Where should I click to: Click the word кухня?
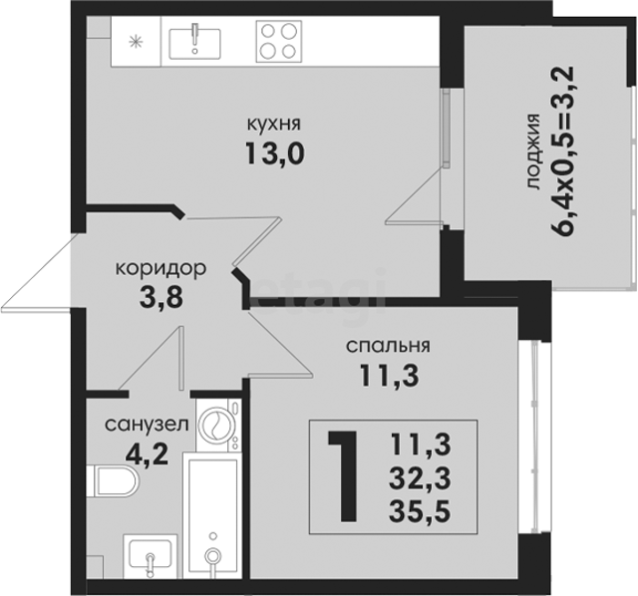(x=274, y=125)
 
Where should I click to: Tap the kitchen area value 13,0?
(x=275, y=154)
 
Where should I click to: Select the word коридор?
(x=161, y=270)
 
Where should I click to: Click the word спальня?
(x=388, y=347)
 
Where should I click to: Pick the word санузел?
(x=147, y=426)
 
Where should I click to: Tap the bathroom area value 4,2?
(x=147, y=454)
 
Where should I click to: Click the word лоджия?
(x=532, y=151)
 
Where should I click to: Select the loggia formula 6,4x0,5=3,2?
(x=563, y=150)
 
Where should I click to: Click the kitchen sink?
(x=195, y=42)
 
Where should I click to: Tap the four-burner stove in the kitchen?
(x=279, y=42)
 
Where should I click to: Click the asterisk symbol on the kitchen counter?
(x=134, y=42)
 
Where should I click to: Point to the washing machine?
(x=218, y=425)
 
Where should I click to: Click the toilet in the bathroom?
(x=113, y=481)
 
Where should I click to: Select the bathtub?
(x=211, y=515)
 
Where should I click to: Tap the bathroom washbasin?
(x=150, y=555)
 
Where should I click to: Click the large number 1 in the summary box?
(x=343, y=476)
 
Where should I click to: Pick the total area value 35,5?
(x=420, y=511)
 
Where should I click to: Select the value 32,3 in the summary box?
(x=420, y=478)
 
